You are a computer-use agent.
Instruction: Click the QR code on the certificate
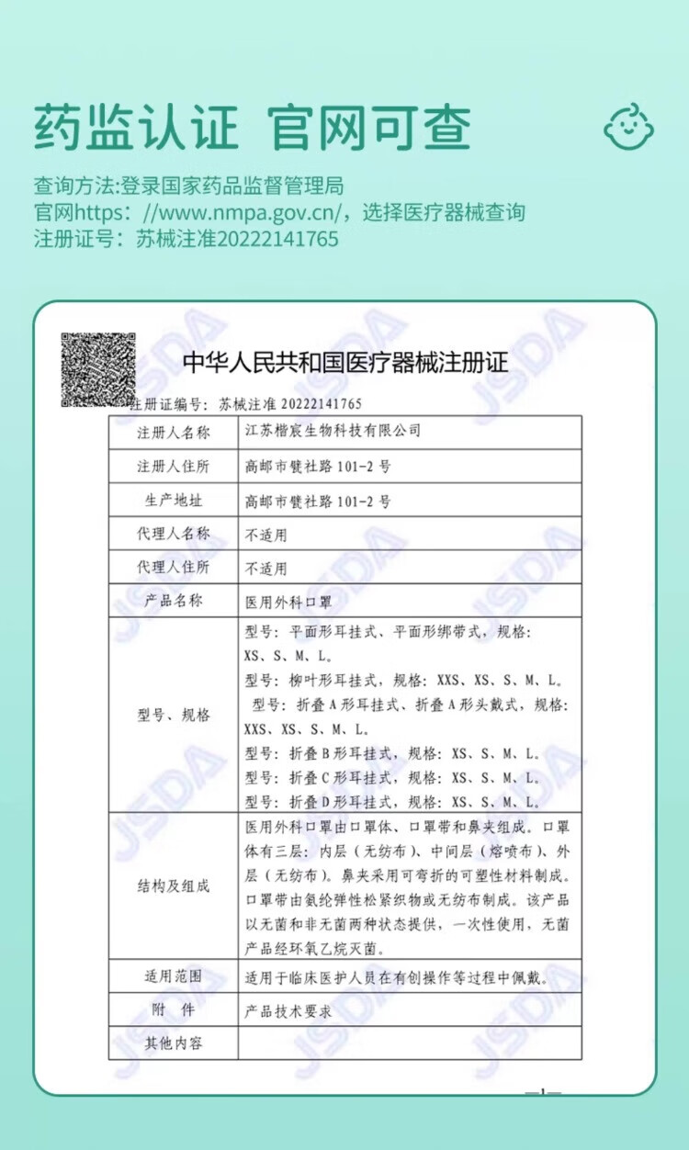coord(98,369)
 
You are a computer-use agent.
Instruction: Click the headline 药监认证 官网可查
coord(253,127)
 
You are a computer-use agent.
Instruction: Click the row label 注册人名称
coord(174,432)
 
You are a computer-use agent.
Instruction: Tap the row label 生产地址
coord(174,501)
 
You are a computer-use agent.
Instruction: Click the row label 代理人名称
coord(174,534)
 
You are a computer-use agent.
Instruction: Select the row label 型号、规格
coord(174,715)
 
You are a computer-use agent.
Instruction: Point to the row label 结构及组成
coord(174,885)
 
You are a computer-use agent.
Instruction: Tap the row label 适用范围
coord(174,976)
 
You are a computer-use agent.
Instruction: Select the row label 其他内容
coord(174,1043)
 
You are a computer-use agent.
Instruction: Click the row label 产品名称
coord(174,602)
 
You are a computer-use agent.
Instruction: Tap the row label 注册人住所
coord(174,466)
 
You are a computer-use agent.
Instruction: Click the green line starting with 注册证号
coord(186,240)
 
